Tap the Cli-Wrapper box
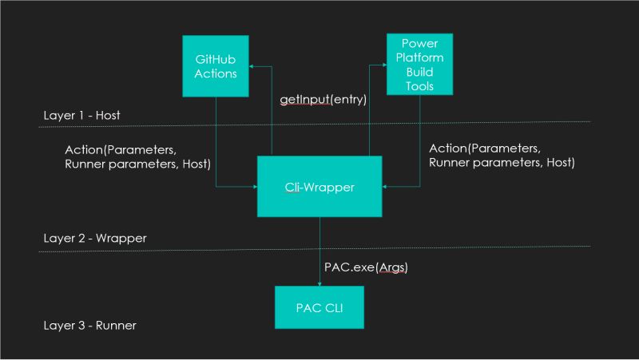pyautogui.click(x=319, y=186)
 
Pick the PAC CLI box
pyautogui.click(x=319, y=307)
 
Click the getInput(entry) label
pyautogui.click(x=323, y=100)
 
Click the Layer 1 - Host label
pyautogui.click(x=80, y=116)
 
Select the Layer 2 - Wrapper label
pyautogui.click(x=95, y=238)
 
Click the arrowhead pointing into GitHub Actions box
pyautogui.click(x=251, y=67)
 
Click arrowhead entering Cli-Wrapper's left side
pyautogui.click(x=253, y=187)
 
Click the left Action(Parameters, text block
pyautogui.click(x=137, y=156)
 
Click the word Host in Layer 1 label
pyautogui.click(x=106, y=116)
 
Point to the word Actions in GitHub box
pyautogui.click(x=215, y=73)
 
